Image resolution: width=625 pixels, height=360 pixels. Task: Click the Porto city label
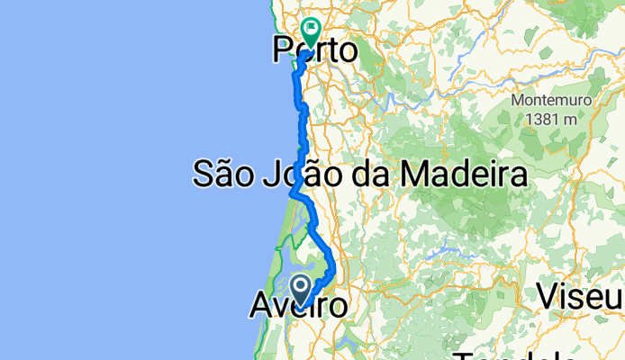[314, 50]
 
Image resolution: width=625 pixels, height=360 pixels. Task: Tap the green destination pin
[311, 33]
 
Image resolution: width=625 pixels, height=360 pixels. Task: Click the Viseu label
[581, 295]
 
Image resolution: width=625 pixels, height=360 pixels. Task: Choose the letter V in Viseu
[549, 295]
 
